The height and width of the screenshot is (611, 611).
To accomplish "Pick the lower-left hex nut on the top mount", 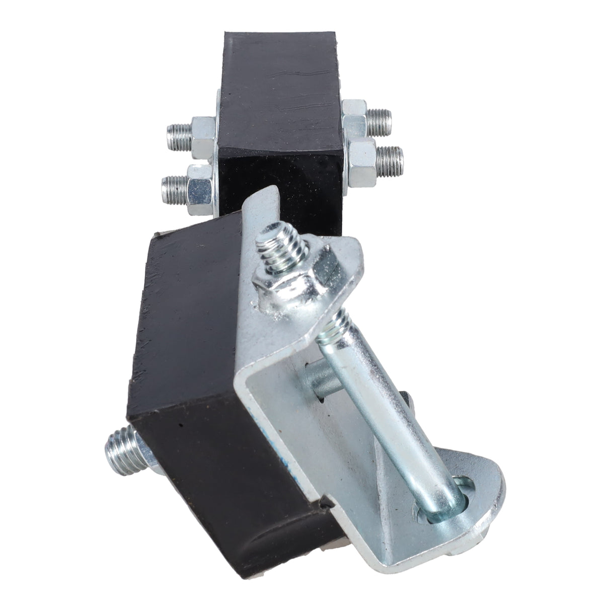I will pos(199,187).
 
